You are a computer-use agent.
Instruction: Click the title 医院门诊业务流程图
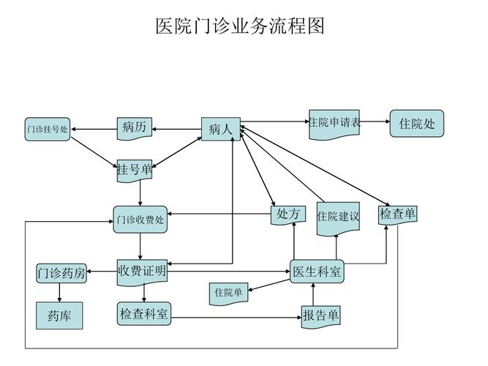(240, 26)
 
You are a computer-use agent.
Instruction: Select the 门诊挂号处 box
(48, 129)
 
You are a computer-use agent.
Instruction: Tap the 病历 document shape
(135, 127)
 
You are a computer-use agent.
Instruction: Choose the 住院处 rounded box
(417, 124)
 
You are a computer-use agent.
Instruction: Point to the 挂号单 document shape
(135, 170)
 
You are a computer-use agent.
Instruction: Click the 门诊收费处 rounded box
(140, 219)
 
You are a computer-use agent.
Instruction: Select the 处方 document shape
(288, 214)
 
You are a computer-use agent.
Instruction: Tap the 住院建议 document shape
(338, 217)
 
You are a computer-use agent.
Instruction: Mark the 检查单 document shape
(398, 214)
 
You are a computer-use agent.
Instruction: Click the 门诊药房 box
(61, 273)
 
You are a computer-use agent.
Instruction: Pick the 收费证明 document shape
(142, 272)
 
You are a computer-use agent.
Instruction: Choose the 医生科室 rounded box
(317, 272)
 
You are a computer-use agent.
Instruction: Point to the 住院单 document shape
(228, 292)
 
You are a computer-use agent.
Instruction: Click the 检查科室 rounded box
(144, 315)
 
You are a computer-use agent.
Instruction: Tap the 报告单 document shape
(321, 315)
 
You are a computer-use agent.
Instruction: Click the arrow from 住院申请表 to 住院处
(375, 122)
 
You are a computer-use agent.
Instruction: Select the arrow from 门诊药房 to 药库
(59, 292)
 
